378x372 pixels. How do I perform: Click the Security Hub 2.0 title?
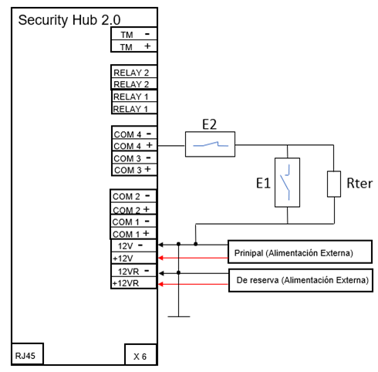pyautogui.click(x=69, y=20)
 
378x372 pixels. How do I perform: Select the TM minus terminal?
pyautogui.click(x=134, y=34)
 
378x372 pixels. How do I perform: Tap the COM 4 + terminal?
pyautogui.click(x=134, y=145)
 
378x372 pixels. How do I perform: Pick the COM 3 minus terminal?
pyautogui.click(x=134, y=157)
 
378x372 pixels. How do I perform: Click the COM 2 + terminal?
pyautogui.click(x=133, y=208)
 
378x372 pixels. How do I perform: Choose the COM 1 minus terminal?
pyautogui.click(x=133, y=221)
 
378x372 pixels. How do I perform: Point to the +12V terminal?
pyautogui.click(x=133, y=258)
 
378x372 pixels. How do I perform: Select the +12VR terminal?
pyautogui.click(x=133, y=282)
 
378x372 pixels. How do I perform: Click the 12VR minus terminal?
pyautogui.click(x=133, y=271)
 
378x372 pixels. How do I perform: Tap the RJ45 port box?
pyautogui.click(x=28, y=354)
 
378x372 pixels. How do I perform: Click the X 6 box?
pyautogui.click(x=140, y=354)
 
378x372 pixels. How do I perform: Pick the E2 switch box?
pyautogui.click(x=210, y=144)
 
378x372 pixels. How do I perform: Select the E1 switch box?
pyautogui.click(x=287, y=182)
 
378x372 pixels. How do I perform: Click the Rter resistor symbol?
pyautogui.click(x=334, y=184)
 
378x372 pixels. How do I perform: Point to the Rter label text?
pyautogui.click(x=359, y=184)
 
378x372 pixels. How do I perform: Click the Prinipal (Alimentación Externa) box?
pyautogui.click(x=300, y=252)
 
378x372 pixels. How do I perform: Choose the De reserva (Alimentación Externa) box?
pyautogui.click(x=301, y=280)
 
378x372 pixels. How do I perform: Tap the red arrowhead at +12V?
pyautogui.click(x=160, y=258)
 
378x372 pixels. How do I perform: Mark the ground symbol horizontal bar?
pyautogui.click(x=179, y=316)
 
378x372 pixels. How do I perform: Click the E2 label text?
pyautogui.click(x=209, y=124)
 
